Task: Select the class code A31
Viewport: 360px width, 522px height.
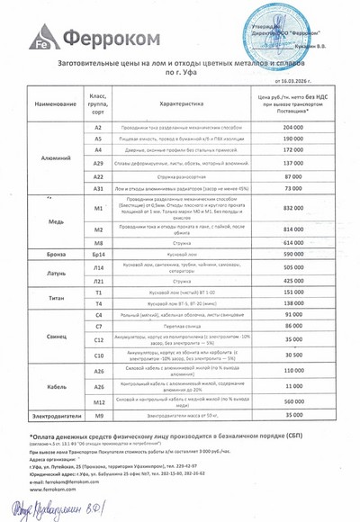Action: pos(99,189)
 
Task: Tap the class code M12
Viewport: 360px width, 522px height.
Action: pos(99,401)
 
